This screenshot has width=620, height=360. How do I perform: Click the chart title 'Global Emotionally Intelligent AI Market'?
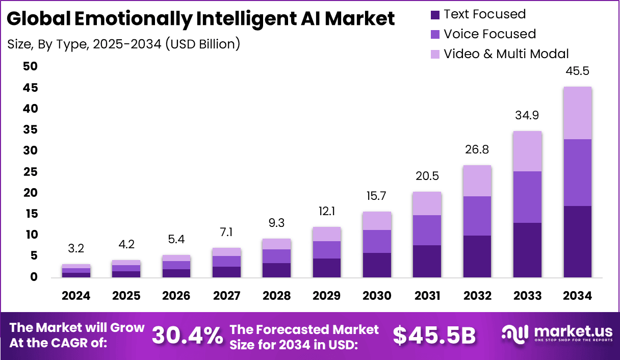[201, 19]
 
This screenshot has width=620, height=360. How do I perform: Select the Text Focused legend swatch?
[434, 14]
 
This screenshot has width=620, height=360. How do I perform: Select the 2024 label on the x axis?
[76, 296]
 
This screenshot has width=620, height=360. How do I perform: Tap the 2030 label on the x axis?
[377, 296]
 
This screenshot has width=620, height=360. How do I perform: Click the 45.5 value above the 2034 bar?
[577, 71]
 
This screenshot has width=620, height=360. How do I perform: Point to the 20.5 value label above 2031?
[427, 176]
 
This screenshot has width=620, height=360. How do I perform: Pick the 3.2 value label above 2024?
[76, 249]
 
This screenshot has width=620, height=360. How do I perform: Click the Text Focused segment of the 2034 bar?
[577, 242]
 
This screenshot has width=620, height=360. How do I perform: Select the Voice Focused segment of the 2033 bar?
[527, 197]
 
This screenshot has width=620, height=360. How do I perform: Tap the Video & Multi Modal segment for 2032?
[477, 181]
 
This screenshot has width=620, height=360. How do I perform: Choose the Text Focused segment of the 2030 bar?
[377, 265]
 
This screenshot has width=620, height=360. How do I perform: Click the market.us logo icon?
[515, 334]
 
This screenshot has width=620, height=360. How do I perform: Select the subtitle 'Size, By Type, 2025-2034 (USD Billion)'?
[124, 44]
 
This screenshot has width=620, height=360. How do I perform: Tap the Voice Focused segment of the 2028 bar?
[276, 256]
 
